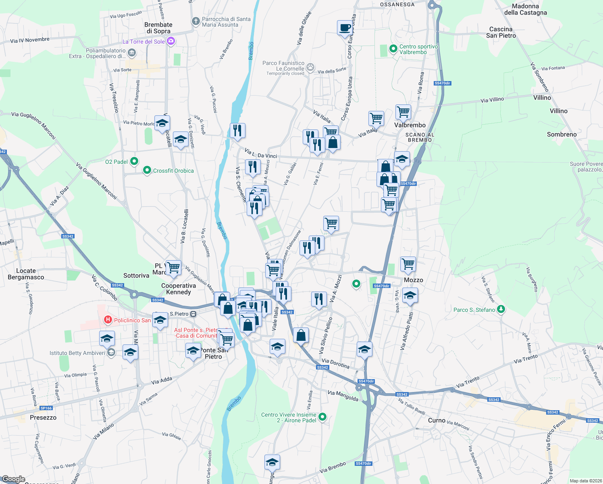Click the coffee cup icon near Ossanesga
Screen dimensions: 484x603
(x=345, y=28)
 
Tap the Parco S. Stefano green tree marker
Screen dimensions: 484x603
(x=501, y=309)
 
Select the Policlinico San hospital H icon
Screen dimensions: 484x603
(x=108, y=320)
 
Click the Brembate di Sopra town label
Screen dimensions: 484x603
(x=158, y=28)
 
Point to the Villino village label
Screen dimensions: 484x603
(x=558, y=111)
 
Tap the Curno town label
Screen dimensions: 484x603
(x=437, y=420)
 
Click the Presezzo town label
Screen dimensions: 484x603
(x=43, y=417)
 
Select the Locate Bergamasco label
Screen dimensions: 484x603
(x=26, y=274)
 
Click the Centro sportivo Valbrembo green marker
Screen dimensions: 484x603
(x=393, y=49)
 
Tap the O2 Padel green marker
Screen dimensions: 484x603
(x=134, y=161)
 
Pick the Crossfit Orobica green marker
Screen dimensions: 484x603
(x=147, y=171)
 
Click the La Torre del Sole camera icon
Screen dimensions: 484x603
(x=171, y=41)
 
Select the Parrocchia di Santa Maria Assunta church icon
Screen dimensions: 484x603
(x=195, y=21)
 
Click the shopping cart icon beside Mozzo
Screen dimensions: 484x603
(x=408, y=264)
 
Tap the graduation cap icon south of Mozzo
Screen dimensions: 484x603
(x=410, y=295)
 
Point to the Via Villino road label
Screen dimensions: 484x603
(x=492, y=100)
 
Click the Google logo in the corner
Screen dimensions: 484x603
(x=13, y=479)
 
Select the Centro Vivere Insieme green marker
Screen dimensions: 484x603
(x=322, y=417)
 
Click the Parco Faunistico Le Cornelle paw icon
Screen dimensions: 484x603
(x=310, y=67)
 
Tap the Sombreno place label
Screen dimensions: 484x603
(x=561, y=134)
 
